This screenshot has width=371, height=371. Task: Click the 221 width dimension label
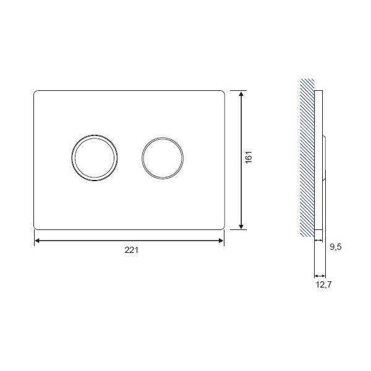[x=132, y=250]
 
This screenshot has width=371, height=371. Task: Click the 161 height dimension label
[x=249, y=157]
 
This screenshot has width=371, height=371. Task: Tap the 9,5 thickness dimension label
[x=336, y=247]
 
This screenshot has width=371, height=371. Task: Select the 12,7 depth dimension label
[x=323, y=284]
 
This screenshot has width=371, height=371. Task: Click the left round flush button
[x=95, y=158]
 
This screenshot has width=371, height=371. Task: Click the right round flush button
[x=163, y=158]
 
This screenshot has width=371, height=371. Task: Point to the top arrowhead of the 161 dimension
[x=241, y=94]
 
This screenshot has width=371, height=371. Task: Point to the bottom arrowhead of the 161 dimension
[x=241, y=226]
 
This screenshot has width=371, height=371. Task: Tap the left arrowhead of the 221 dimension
[x=37, y=241]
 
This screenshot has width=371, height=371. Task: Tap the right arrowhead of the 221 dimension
[x=221, y=241]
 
